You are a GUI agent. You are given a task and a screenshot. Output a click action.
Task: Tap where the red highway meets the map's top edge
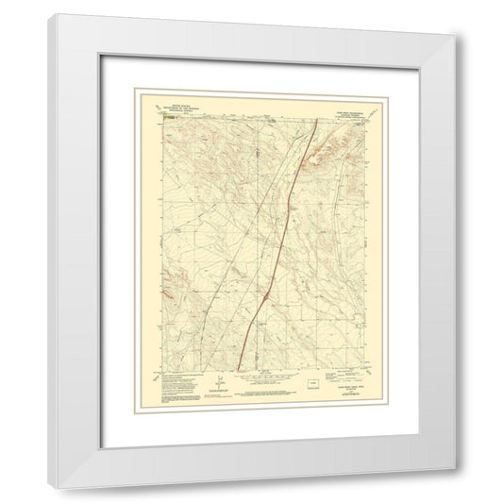(x=314, y=117)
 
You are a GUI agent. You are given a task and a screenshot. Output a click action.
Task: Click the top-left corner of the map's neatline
(x=158, y=117)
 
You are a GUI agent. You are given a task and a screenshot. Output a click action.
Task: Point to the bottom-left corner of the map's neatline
(x=158, y=369)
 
